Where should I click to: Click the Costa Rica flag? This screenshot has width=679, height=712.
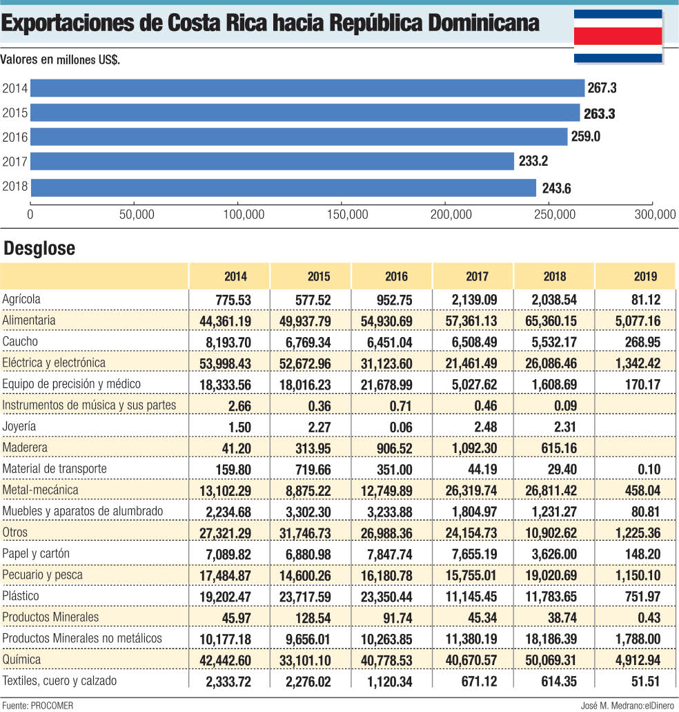(x=618, y=35)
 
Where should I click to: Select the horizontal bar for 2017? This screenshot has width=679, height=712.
(x=273, y=162)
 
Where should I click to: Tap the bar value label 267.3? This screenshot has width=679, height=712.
(x=602, y=88)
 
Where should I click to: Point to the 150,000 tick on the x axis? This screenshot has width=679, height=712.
(x=348, y=215)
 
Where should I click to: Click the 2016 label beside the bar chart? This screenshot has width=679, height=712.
(x=14, y=137)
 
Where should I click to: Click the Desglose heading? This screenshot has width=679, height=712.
(x=39, y=249)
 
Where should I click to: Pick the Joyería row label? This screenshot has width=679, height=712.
(x=19, y=426)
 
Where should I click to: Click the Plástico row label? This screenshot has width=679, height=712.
(x=21, y=595)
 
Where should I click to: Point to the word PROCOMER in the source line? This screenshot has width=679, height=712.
(x=52, y=705)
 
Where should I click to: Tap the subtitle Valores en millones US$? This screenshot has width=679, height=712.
(x=60, y=60)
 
